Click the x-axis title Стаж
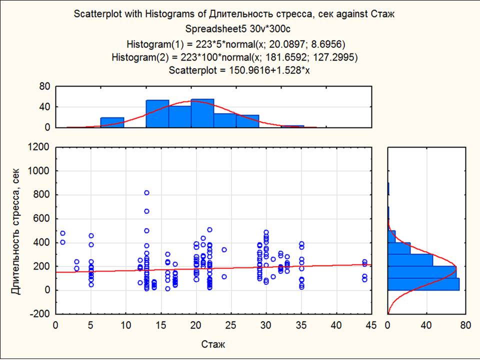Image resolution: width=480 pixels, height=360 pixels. (213, 344)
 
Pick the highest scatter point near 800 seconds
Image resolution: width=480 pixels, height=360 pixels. (146, 192)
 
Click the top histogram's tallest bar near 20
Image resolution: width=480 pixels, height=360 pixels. (202, 113)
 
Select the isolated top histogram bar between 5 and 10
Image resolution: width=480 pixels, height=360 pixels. (112, 122)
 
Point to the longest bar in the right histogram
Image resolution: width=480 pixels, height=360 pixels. (423, 284)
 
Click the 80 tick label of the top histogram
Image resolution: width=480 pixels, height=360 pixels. (45, 86)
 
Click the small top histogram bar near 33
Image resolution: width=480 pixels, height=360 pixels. (292, 126)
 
